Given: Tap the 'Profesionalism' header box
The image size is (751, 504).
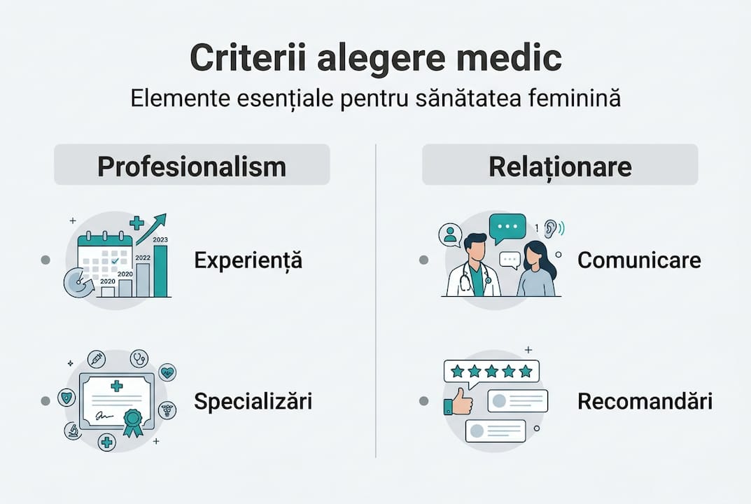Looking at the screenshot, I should (x=192, y=166).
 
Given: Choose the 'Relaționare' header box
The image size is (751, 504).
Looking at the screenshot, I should (x=560, y=166).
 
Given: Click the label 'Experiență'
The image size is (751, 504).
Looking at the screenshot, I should (x=248, y=260).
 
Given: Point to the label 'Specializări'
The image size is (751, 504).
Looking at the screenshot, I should (x=253, y=401).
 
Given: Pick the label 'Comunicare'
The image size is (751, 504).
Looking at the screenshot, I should (x=639, y=260).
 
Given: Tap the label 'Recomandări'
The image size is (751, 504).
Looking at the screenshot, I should (x=645, y=401).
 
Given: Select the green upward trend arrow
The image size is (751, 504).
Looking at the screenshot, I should (x=155, y=227).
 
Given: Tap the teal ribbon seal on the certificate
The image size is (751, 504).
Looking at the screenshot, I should (x=132, y=422).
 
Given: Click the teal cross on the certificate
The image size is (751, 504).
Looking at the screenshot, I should (x=116, y=386).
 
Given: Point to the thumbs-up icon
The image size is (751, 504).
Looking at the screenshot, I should (x=458, y=402).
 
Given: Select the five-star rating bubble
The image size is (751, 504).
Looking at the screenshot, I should (x=491, y=371).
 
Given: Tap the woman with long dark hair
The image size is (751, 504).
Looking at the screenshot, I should (x=535, y=272).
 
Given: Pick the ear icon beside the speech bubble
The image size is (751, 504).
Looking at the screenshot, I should (x=550, y=228).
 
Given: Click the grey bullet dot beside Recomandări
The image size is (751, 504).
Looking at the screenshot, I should (x=423, y=401).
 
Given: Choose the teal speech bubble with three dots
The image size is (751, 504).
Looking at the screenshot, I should (x=507, y=227).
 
